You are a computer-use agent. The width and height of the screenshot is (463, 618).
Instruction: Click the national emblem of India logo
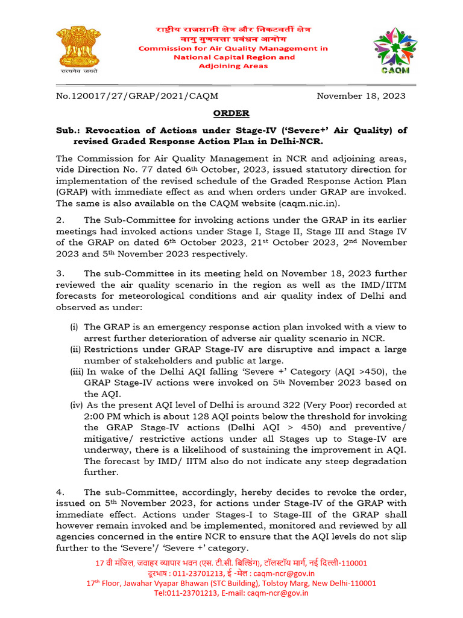tap(73, 48)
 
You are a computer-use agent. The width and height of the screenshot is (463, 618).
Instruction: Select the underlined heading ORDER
tap(231, 113)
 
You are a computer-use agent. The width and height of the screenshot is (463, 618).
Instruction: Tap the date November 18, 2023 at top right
tap(361, 96)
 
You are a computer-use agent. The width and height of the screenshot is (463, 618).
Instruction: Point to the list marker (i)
tap(74, 327)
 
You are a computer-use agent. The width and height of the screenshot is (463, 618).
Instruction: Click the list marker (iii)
tap(76, 372)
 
